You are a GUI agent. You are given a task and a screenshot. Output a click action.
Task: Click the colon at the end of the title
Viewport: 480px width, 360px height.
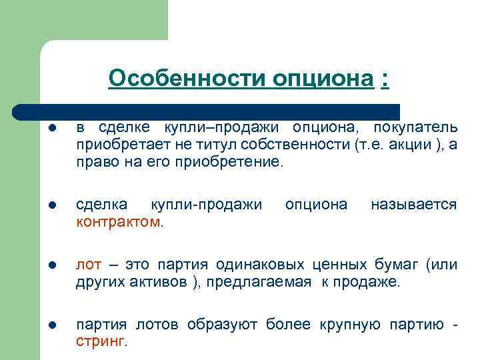pyautogui.click(x=385, y=79)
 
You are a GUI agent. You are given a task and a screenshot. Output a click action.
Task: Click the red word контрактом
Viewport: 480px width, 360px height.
pyautogui.click(x=118, y=221)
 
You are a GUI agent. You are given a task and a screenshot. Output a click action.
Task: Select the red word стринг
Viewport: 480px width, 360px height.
pyautogui.click(x=99, y=341)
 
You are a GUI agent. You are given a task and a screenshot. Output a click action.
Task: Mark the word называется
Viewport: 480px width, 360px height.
pyautogui.click(x=413, y=205)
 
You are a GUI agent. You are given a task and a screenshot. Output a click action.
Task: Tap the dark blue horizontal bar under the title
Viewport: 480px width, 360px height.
pyautogui.click(x=207, y=111)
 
